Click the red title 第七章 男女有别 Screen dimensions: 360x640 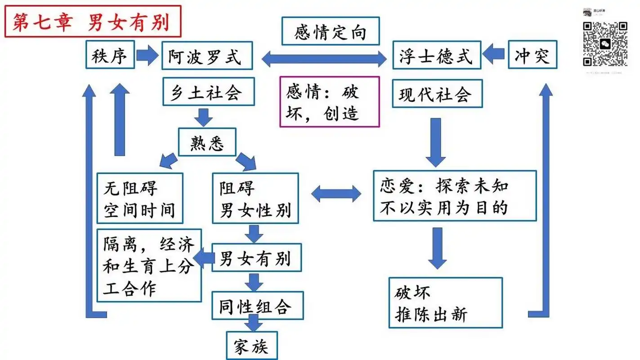pyautogui.click(x=92, y=21)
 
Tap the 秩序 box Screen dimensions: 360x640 pyautogui.click(x=110, y=56)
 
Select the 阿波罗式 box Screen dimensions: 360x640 pyautogui.click(x=205, y=56)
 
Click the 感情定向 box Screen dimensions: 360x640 pyautogui.click(x=331, y=31)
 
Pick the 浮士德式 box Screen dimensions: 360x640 pyautogui.click(x=436, y=56)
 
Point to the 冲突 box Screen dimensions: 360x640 pyautogui.click(x=533, y=56)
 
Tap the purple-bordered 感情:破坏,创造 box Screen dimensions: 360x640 pyautogui.click(x=330, y=102)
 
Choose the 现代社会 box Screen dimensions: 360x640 pyautogui.click(x=437, y=94)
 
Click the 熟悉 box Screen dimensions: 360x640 pyautogui.click(x=207, y=143)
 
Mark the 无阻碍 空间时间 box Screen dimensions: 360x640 pyautogui.click(x=140, y=198)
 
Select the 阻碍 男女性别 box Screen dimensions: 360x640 pyautogui.click(x=255, y=198)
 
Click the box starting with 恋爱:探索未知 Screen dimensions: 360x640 pyautogui.click(x=455, y=195)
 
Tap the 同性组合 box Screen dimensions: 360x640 pyautogui.click(x=258, y=306)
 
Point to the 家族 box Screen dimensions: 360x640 pyautogui.click(x=252, y=346)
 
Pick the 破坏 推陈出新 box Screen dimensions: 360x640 pyautogui.click(x=445, y=303)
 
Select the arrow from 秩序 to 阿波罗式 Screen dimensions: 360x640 pyautogui.click(x=148, y=56)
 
